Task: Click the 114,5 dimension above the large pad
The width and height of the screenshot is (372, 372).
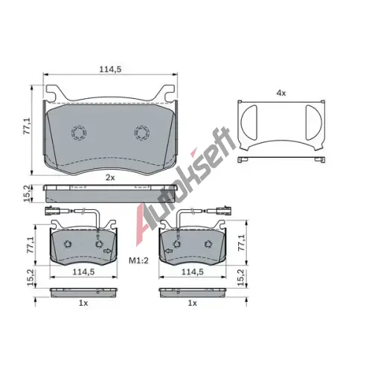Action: [110, 69]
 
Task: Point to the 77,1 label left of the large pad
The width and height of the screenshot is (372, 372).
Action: [27, 126]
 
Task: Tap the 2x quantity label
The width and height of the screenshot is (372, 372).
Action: [110, 178]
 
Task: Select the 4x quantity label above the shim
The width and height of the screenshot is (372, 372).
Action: [281, 93]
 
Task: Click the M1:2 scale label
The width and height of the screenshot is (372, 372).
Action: [138, 260]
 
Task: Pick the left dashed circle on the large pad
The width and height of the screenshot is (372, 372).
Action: [79, 132]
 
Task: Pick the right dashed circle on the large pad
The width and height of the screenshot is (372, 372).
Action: [142, 132]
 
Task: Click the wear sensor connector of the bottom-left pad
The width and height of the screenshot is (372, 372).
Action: [52, 211]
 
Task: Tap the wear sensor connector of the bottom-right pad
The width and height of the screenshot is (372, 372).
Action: [224, 211]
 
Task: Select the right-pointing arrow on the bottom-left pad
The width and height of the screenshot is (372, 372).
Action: [108, 251]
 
